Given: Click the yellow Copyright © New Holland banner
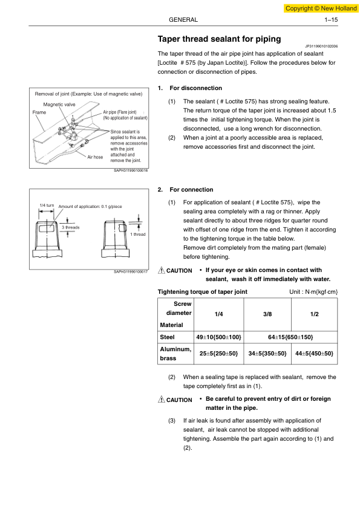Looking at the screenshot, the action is [321, 8].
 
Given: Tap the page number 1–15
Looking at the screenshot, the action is [331, 20].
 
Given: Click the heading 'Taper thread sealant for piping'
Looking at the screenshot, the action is [219, 39].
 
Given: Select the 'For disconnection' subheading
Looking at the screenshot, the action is [195, 88].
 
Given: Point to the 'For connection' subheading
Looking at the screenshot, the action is [191, 190].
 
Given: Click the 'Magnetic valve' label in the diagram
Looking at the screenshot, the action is [59, 105].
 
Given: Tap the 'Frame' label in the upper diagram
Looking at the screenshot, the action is [39, 112].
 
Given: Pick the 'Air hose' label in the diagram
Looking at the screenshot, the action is [95, 157].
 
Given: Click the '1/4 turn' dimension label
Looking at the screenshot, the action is [47, 205].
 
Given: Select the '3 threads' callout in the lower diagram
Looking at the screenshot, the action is [71, 227].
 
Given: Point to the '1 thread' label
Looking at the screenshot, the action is [138, 235].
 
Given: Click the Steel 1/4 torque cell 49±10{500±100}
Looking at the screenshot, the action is [218, 337].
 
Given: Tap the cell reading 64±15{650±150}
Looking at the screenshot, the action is [290, 337].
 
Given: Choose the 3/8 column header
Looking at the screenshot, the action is [267, 314].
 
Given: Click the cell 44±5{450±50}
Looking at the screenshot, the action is [314, 354].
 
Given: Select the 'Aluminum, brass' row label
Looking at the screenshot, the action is [175, 354].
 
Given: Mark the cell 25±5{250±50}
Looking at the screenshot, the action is [218, 354].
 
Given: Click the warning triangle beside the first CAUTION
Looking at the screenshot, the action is [161, 270].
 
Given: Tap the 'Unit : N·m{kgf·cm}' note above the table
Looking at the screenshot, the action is [313, 292].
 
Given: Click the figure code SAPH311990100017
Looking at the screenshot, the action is [131, 271].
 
